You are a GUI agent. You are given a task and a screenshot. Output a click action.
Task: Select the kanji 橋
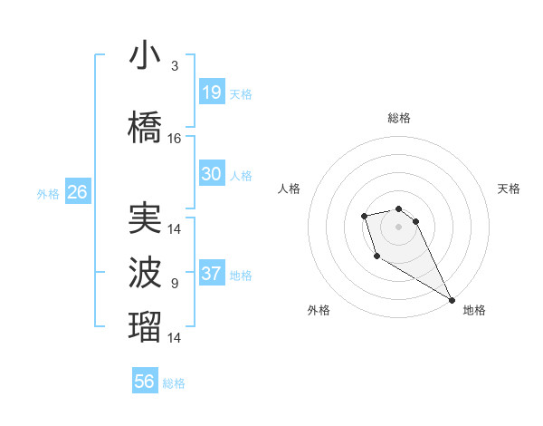pyautogui.click(x=145, y=128)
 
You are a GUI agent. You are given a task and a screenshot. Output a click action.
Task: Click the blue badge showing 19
pyautogui.click(x=211, y=92)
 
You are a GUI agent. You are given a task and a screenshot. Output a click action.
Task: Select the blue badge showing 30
pyautogui.click(x=211, y=174)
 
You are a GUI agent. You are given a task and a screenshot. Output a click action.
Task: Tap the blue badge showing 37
pyautogui.click(x=211, y=274)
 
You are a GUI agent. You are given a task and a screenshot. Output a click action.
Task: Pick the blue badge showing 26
pyautogui.click(x=77, y=192)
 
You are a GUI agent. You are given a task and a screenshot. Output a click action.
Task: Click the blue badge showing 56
pyautogui.click(x=145, y=382)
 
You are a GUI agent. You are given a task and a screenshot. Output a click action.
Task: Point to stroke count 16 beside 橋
pyautogui.click(x=175, y=139)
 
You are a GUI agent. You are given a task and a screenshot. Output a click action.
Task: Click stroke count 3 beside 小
pyautogui.click(x=175, y=66)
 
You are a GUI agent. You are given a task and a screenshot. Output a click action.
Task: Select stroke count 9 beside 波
pyautogui.click(x=175, y=284)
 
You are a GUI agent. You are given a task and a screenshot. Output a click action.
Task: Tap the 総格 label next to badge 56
pyautogui.click(x=174, y=383)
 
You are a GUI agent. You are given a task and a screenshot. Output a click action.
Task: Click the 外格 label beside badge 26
pyautogui.click(x=48, y=193)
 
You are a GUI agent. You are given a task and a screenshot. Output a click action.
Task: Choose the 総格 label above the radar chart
pyautogui.click(x=398, y=118)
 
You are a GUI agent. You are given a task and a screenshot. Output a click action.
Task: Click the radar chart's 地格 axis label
pyautogui.click(x=474, y=310)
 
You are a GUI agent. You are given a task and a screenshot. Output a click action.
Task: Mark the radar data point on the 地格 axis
pyautogui.click(x=452, y=300)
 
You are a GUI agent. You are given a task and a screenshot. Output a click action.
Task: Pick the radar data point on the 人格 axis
pyautogui.click(x=364, y=216)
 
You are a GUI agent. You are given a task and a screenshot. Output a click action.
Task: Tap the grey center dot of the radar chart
pyautogui.click(x=398, y=226)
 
